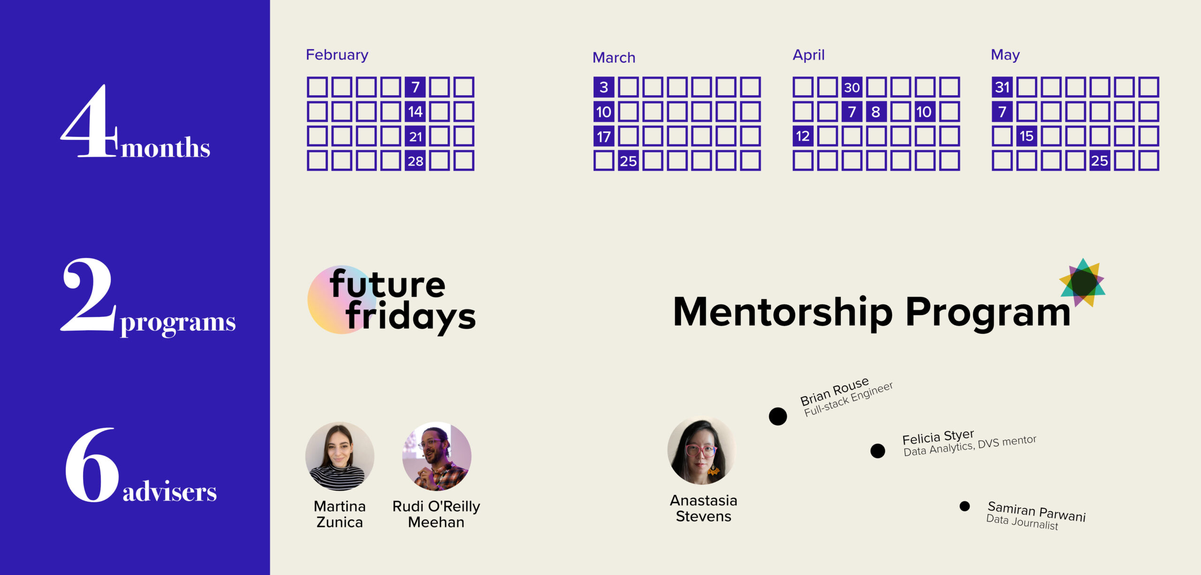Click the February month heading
pyautogui.click(x=337, y=55)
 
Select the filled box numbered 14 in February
pyautogui.click(x=415, y=112)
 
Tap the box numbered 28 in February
pyautogui.click(x=415, y=161)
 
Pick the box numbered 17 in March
pyautogui.click(x=604, y=136)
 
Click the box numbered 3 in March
pyautogui.click(x=604, y=87)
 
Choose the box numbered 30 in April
pyautogui.click(x=852, y=87)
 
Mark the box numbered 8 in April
pyautogui.click(x=876, y=112)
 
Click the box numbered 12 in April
pyautogui.click(x=803, y=136)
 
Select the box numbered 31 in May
pyautogui.click(x=1002, y=87)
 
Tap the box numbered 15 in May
pyautogui.click(x=1026, y=136)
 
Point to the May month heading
pyautogui.click(x=1005, y=55)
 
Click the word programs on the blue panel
pyautogui.click(x=178, y=323)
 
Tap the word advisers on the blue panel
pyautogui.click(x=169, y=491)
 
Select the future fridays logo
pyautogui.click(x=392, y=300)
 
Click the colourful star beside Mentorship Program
pyautogui.click(x=1083, y=282)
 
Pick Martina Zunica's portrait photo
pyautogui.click(x=340, y=456)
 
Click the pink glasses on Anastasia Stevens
pyautogui.click(x=701, y=451)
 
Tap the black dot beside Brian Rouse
pyautogui.click(x=778, y=416)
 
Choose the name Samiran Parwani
pyautogui.click(x=1037, y=511)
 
